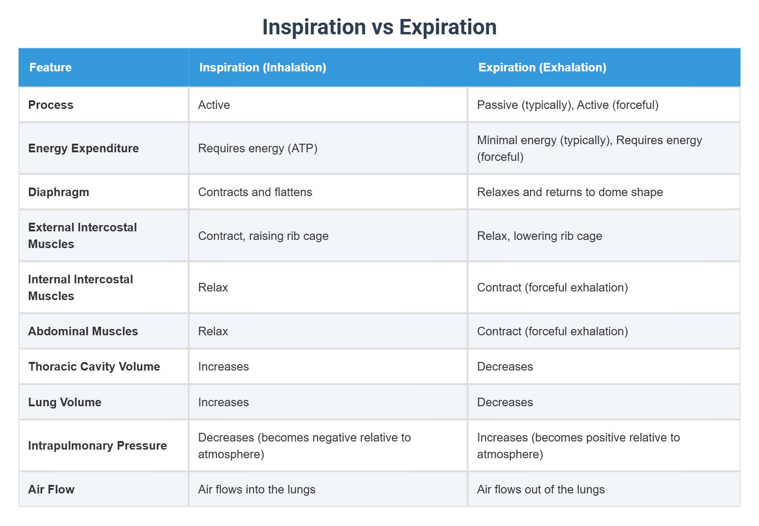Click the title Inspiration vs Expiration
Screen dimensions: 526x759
coord(379,27)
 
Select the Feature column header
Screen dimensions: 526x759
coord(51,67)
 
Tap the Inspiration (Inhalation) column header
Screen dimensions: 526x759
coord(262,67)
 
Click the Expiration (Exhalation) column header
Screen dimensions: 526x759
coord(542,67)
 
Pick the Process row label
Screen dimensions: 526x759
coord(51,105)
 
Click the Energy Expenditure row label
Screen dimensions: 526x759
coord(84,148)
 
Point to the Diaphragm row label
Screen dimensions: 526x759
coord(59,192)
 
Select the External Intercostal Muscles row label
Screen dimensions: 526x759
coord(82,235)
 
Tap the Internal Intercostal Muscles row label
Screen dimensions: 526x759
coord(80,287)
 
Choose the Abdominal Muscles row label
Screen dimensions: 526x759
coord(83,331)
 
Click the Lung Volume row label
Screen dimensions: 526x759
coord(65,402)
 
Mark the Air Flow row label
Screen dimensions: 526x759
coord(51,489)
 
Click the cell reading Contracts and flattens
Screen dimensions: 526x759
coord(255,192)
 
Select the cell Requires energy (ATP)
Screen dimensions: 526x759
coord(258,148)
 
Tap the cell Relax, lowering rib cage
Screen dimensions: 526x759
coord(539,236)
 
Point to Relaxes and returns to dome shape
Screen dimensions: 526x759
coord(570,192)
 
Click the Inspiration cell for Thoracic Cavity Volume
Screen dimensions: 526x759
coord(224,366)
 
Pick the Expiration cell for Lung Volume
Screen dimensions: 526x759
coord(505,402)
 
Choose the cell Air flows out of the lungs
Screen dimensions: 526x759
coord(541,489)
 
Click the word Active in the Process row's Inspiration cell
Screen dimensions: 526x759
coord(214,105)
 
